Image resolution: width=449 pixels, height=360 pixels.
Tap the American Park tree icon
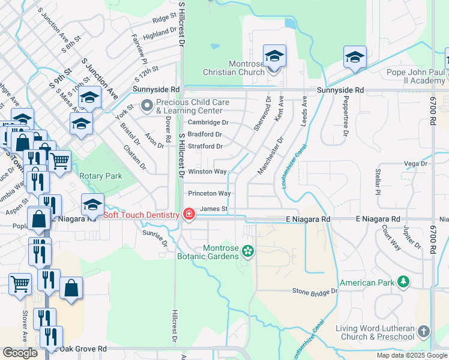click(404, 281)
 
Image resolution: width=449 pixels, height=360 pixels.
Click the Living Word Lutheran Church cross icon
click(424, 331)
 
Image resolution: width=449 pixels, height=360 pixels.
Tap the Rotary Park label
click(101, 176)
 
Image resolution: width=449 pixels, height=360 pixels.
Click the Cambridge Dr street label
click(208, 122)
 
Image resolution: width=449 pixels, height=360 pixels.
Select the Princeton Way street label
click(209, 193)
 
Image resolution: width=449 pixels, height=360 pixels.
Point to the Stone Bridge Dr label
click(315, 291)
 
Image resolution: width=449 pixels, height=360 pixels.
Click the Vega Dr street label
click(415, 163)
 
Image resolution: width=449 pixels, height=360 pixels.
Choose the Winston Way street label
click(207, 172)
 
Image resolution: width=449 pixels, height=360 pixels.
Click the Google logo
click(20, 352)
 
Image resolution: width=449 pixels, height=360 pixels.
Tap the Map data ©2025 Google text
click(411, 355)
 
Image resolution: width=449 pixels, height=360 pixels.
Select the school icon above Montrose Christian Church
click(274, 56)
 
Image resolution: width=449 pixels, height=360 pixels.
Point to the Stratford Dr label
click(205, 146)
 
